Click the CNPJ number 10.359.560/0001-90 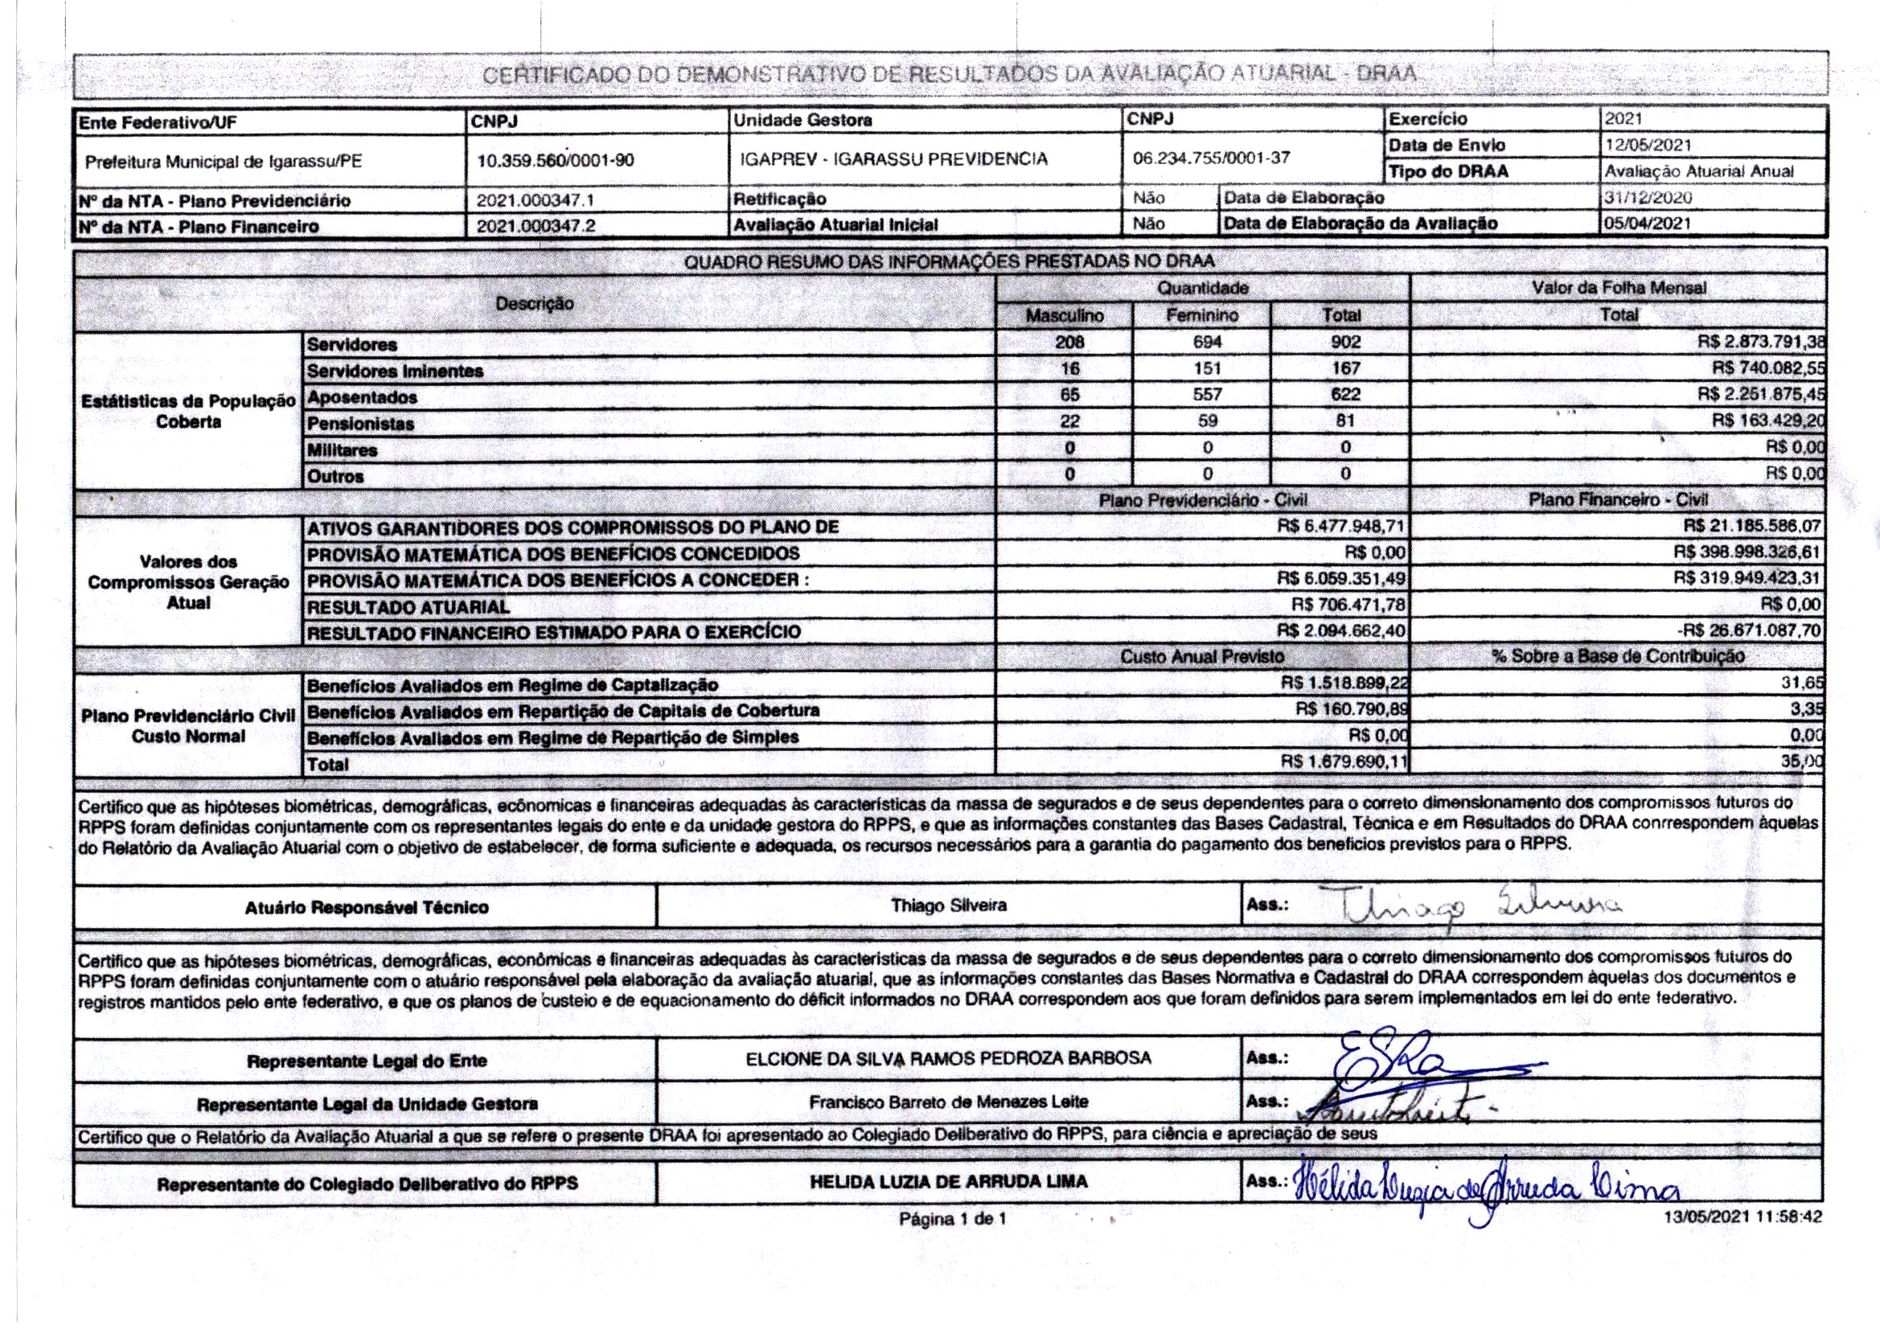555,161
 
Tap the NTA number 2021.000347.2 536,226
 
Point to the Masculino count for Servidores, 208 1069,343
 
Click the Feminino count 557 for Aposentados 1207,395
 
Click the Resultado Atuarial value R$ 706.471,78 1348,605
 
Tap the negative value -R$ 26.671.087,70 1749,631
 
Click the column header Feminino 1202,315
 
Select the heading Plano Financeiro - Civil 1618,499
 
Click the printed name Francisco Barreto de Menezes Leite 948,1102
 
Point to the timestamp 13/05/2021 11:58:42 1743,1217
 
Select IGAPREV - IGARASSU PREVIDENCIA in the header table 893,159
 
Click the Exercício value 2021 1623,119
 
